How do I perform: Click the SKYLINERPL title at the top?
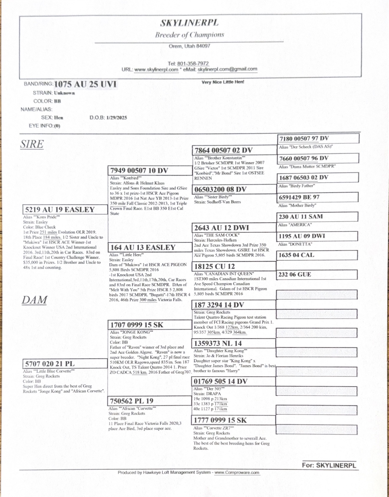tap(189, 23)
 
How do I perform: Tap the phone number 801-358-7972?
tap(193, 63)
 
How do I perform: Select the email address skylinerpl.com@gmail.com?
tap(227, 69)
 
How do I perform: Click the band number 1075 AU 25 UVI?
tap(85, 84)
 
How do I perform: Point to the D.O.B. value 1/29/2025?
tap(117, 118)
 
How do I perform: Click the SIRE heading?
tap(32, 144)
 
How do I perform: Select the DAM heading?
tap(34, 300)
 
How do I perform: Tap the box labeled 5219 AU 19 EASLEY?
tap(65, 210)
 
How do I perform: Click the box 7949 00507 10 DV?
tap(150, 170)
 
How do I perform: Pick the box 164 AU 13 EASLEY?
tap(150, 247)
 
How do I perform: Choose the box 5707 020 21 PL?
tap(65, 364)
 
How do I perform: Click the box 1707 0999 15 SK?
tap(150, 325)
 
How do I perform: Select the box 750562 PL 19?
tap(150, 401)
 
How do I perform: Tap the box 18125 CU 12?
tap(234, 266)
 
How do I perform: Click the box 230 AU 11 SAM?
tap(317, 217)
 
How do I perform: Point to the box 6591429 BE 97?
tap(318, 197)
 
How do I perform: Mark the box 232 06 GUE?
tap(317, 275)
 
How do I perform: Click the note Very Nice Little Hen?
tap(223, 82)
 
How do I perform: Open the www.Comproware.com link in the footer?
tap(237, 472)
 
